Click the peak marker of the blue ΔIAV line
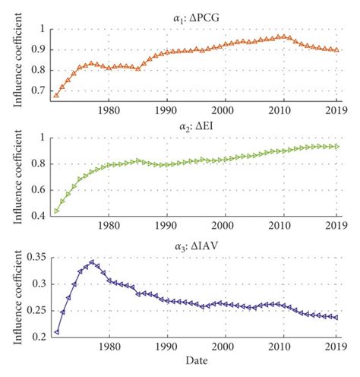click(x=92, y=263)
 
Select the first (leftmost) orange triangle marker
click(x=56, y=95)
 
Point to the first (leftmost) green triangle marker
click(x=56, y=211)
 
